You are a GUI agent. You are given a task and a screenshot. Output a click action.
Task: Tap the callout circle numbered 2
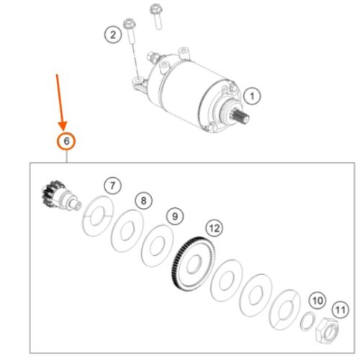click(112, 33)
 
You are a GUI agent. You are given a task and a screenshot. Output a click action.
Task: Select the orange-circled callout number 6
click(66, 141)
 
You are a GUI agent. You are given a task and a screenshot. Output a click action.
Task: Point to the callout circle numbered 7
click(112, 186)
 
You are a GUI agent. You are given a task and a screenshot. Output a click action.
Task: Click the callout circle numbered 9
click(174, 215)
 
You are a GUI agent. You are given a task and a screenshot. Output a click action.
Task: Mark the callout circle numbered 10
click(317, 299)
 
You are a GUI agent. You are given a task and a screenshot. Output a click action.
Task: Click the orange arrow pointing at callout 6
click(60, 101)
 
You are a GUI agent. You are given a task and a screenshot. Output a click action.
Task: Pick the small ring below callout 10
click(306, 320)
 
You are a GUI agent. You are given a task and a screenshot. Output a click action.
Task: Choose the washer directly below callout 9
click(157, 243)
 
